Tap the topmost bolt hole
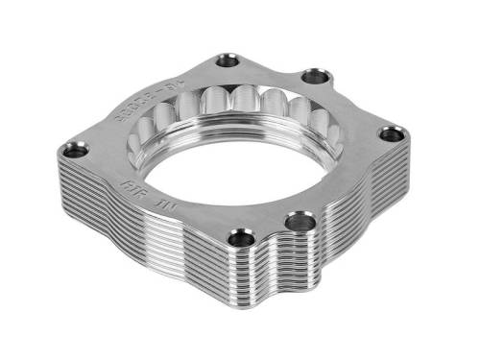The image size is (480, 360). pyautogui.click(x=228, y=60)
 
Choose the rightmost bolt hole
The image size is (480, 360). pyautogui.click(x=389, y=135)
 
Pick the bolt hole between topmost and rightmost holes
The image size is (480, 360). pyautogui.click(x=312, y=76)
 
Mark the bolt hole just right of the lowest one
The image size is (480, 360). pyautogui.click(x=299, y=223)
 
